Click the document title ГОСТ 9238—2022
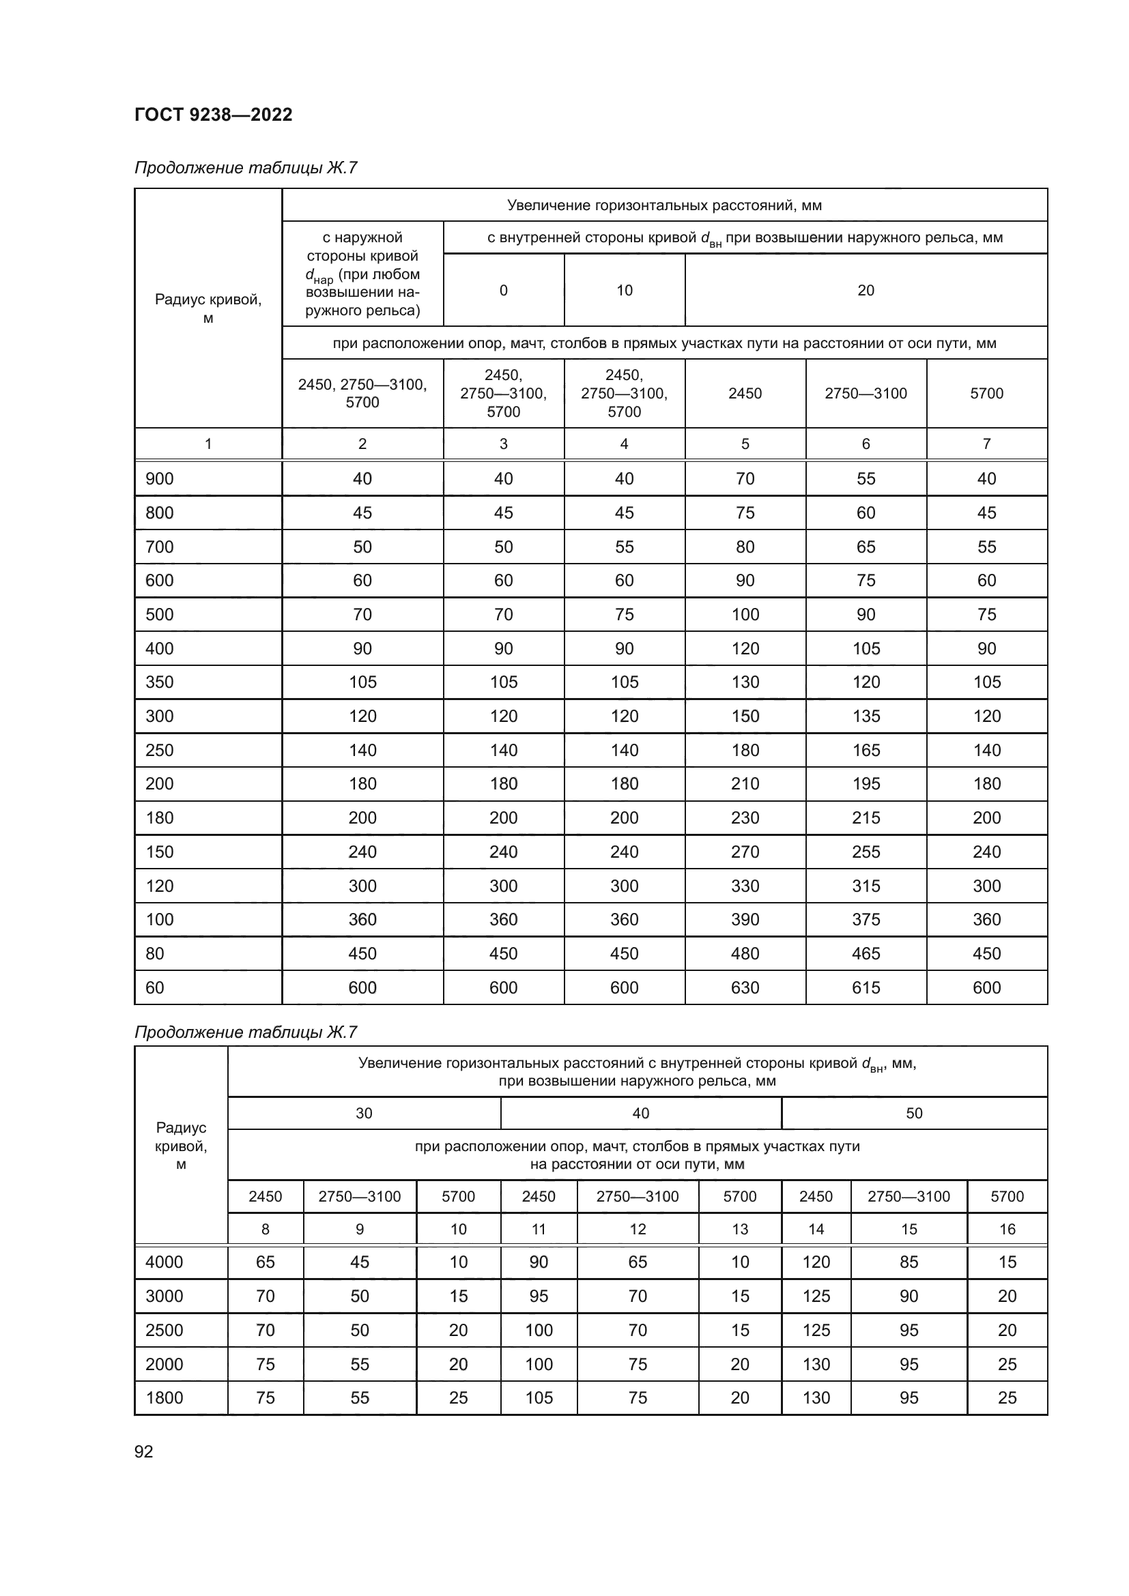coord(213,115)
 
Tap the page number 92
coord(144,1451)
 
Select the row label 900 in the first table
coord(159,479)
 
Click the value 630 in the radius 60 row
coord(745,988)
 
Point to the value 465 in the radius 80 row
coord(866,954)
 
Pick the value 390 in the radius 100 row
coord(745,920)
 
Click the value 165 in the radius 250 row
coord(866,750)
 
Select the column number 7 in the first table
coord(986,444)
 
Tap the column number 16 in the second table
coord(1007,1229)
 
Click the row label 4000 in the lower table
coord(164,1262)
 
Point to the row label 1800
coord(164,1398)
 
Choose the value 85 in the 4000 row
coord(909,1262)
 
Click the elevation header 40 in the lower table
coord(640,1114)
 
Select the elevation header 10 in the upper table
coord(625,291)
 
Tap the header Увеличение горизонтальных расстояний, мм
coord(664,205)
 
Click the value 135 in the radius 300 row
coord(866,716)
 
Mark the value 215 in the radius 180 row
coord(866,818)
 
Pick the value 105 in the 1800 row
coord(538,1398)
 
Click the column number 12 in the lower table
coord(638,1229)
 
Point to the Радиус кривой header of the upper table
coord(208,308)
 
